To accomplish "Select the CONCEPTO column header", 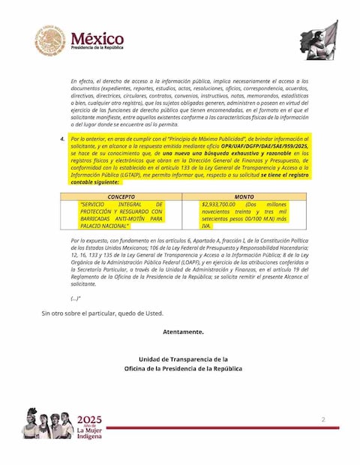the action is [x=121, y=196].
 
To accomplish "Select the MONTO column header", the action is [x=244, y=196].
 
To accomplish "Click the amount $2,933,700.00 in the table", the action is [x=219, y=204].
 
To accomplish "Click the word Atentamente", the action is [x=182, y=331].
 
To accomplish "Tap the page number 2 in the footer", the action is [x=322, y=419].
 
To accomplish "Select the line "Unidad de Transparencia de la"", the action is [x=183, y=359].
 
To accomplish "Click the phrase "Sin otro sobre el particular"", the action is [x=81, y=313].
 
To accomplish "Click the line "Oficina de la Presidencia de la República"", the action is [x=183, y=369].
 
